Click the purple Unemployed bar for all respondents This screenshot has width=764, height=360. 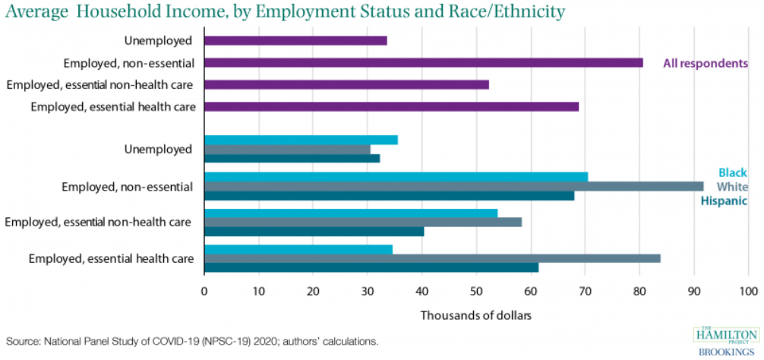[x=295, y=41]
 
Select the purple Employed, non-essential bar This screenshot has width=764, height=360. [x=424, y=63]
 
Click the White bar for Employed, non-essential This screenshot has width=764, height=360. [x=453, y=186]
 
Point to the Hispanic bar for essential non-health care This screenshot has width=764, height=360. [x=314, y=231]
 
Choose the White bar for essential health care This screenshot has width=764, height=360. [x=432, y=258]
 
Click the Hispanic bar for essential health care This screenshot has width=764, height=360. [x=371, y=267]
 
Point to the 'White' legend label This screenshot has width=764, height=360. [x=732, y=187]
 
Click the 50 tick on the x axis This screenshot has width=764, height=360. [x=476, y=291]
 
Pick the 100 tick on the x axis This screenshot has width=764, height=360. [x=748, y=291]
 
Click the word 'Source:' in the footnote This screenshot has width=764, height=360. [x=24, y=341]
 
